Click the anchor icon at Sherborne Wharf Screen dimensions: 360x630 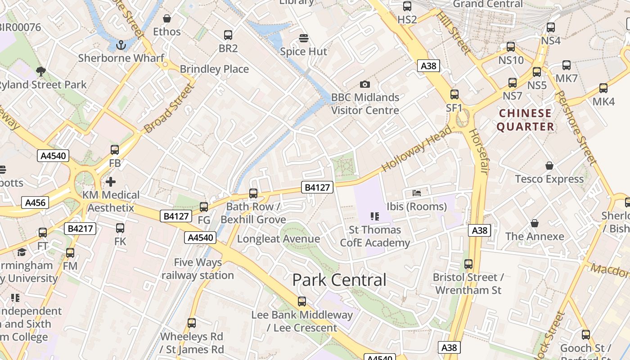click(121, 45)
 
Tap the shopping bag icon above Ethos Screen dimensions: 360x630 click(167, 18)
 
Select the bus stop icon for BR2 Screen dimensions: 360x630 click(228, 35)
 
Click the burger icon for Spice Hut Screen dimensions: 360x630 click(304, 38)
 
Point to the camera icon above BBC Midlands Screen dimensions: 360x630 click(365, 84)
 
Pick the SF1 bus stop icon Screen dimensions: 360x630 click(454, 94)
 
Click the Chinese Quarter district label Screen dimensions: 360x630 click(525, 120)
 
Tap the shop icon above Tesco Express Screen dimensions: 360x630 click(549, 166)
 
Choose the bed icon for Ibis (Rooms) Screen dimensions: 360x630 click(417, 193)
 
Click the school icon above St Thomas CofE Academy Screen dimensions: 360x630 click(375, 216)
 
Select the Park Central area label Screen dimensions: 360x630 click(339, 280)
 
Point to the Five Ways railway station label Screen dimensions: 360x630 click(198, 269)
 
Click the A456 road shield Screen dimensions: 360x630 click(35, 202)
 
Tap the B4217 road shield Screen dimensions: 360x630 click(81, 229)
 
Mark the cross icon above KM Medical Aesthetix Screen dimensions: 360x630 click(111, 182)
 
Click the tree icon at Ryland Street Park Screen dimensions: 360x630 click(41, 71)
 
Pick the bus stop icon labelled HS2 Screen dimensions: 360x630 click(407, 6)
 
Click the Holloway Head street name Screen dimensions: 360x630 click(417, 149)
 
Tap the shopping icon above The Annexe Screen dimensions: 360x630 click(535, 223)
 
